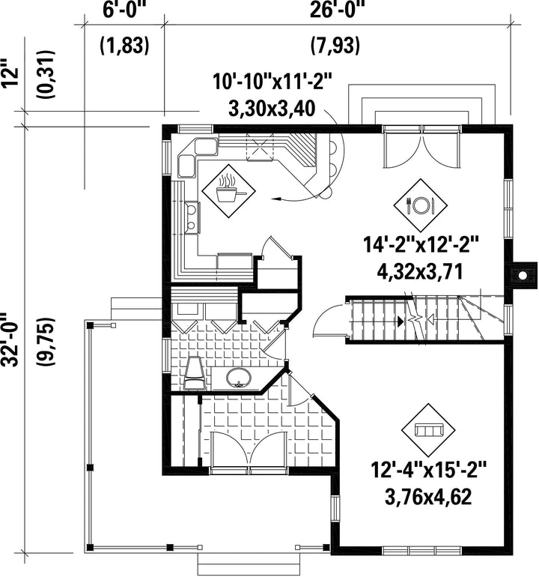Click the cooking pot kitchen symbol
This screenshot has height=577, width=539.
tap(229, 190)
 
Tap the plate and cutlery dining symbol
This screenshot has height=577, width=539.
tap(421, 205)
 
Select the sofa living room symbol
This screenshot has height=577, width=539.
tap(428, 430)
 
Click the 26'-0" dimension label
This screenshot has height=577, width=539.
tap(334, 10)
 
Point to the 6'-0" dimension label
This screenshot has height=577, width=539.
tap(122, 10)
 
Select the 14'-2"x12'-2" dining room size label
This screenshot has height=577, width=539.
tap(421, 245)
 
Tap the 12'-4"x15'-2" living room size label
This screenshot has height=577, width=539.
tap(428, 471)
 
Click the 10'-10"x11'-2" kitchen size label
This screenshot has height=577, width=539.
tap(272, 82)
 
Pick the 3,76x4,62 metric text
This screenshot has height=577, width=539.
tap(428, 498)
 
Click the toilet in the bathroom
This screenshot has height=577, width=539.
tap(194, 372)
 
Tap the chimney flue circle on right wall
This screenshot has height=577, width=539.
tap(523, 275)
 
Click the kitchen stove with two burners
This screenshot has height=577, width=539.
tap(192, 217)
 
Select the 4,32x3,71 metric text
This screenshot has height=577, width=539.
tap(419, 273)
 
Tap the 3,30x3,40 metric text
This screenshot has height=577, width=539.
tap(271, 109)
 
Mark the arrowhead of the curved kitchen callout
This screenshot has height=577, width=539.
tap(275, 199)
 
